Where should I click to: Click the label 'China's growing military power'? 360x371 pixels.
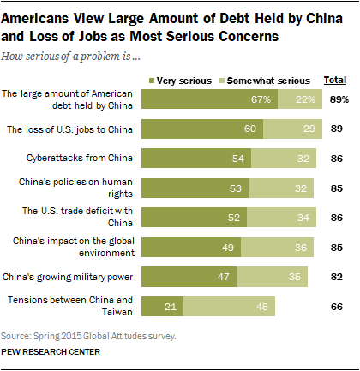69,276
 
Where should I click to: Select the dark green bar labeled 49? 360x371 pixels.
189,247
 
